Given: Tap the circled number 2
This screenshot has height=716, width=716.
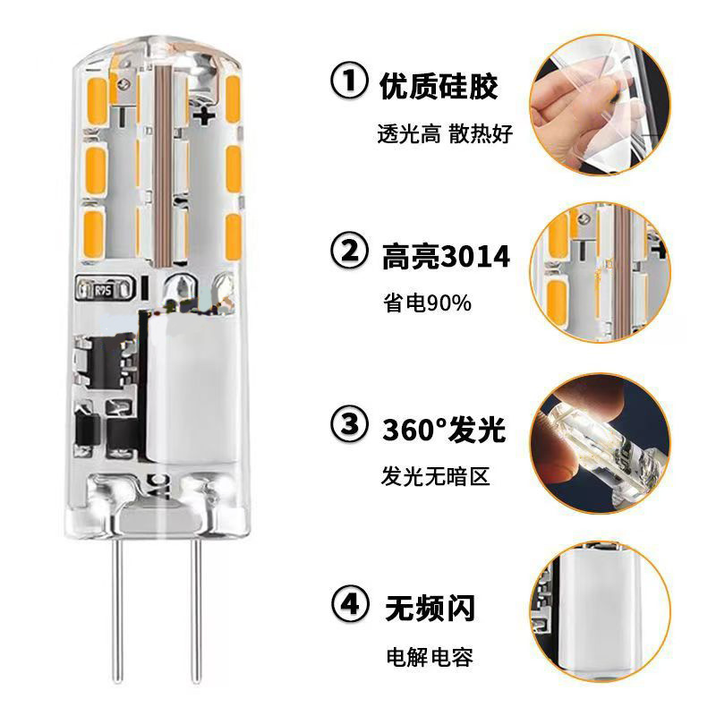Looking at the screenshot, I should click(349, 256).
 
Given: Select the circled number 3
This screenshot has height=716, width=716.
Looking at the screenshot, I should click(349, 429).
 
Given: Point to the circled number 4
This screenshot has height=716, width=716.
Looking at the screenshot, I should click(349, 606).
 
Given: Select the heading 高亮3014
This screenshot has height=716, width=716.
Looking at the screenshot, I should click(445, 257).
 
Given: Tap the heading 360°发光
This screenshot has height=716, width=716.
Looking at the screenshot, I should click(445, 430).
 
